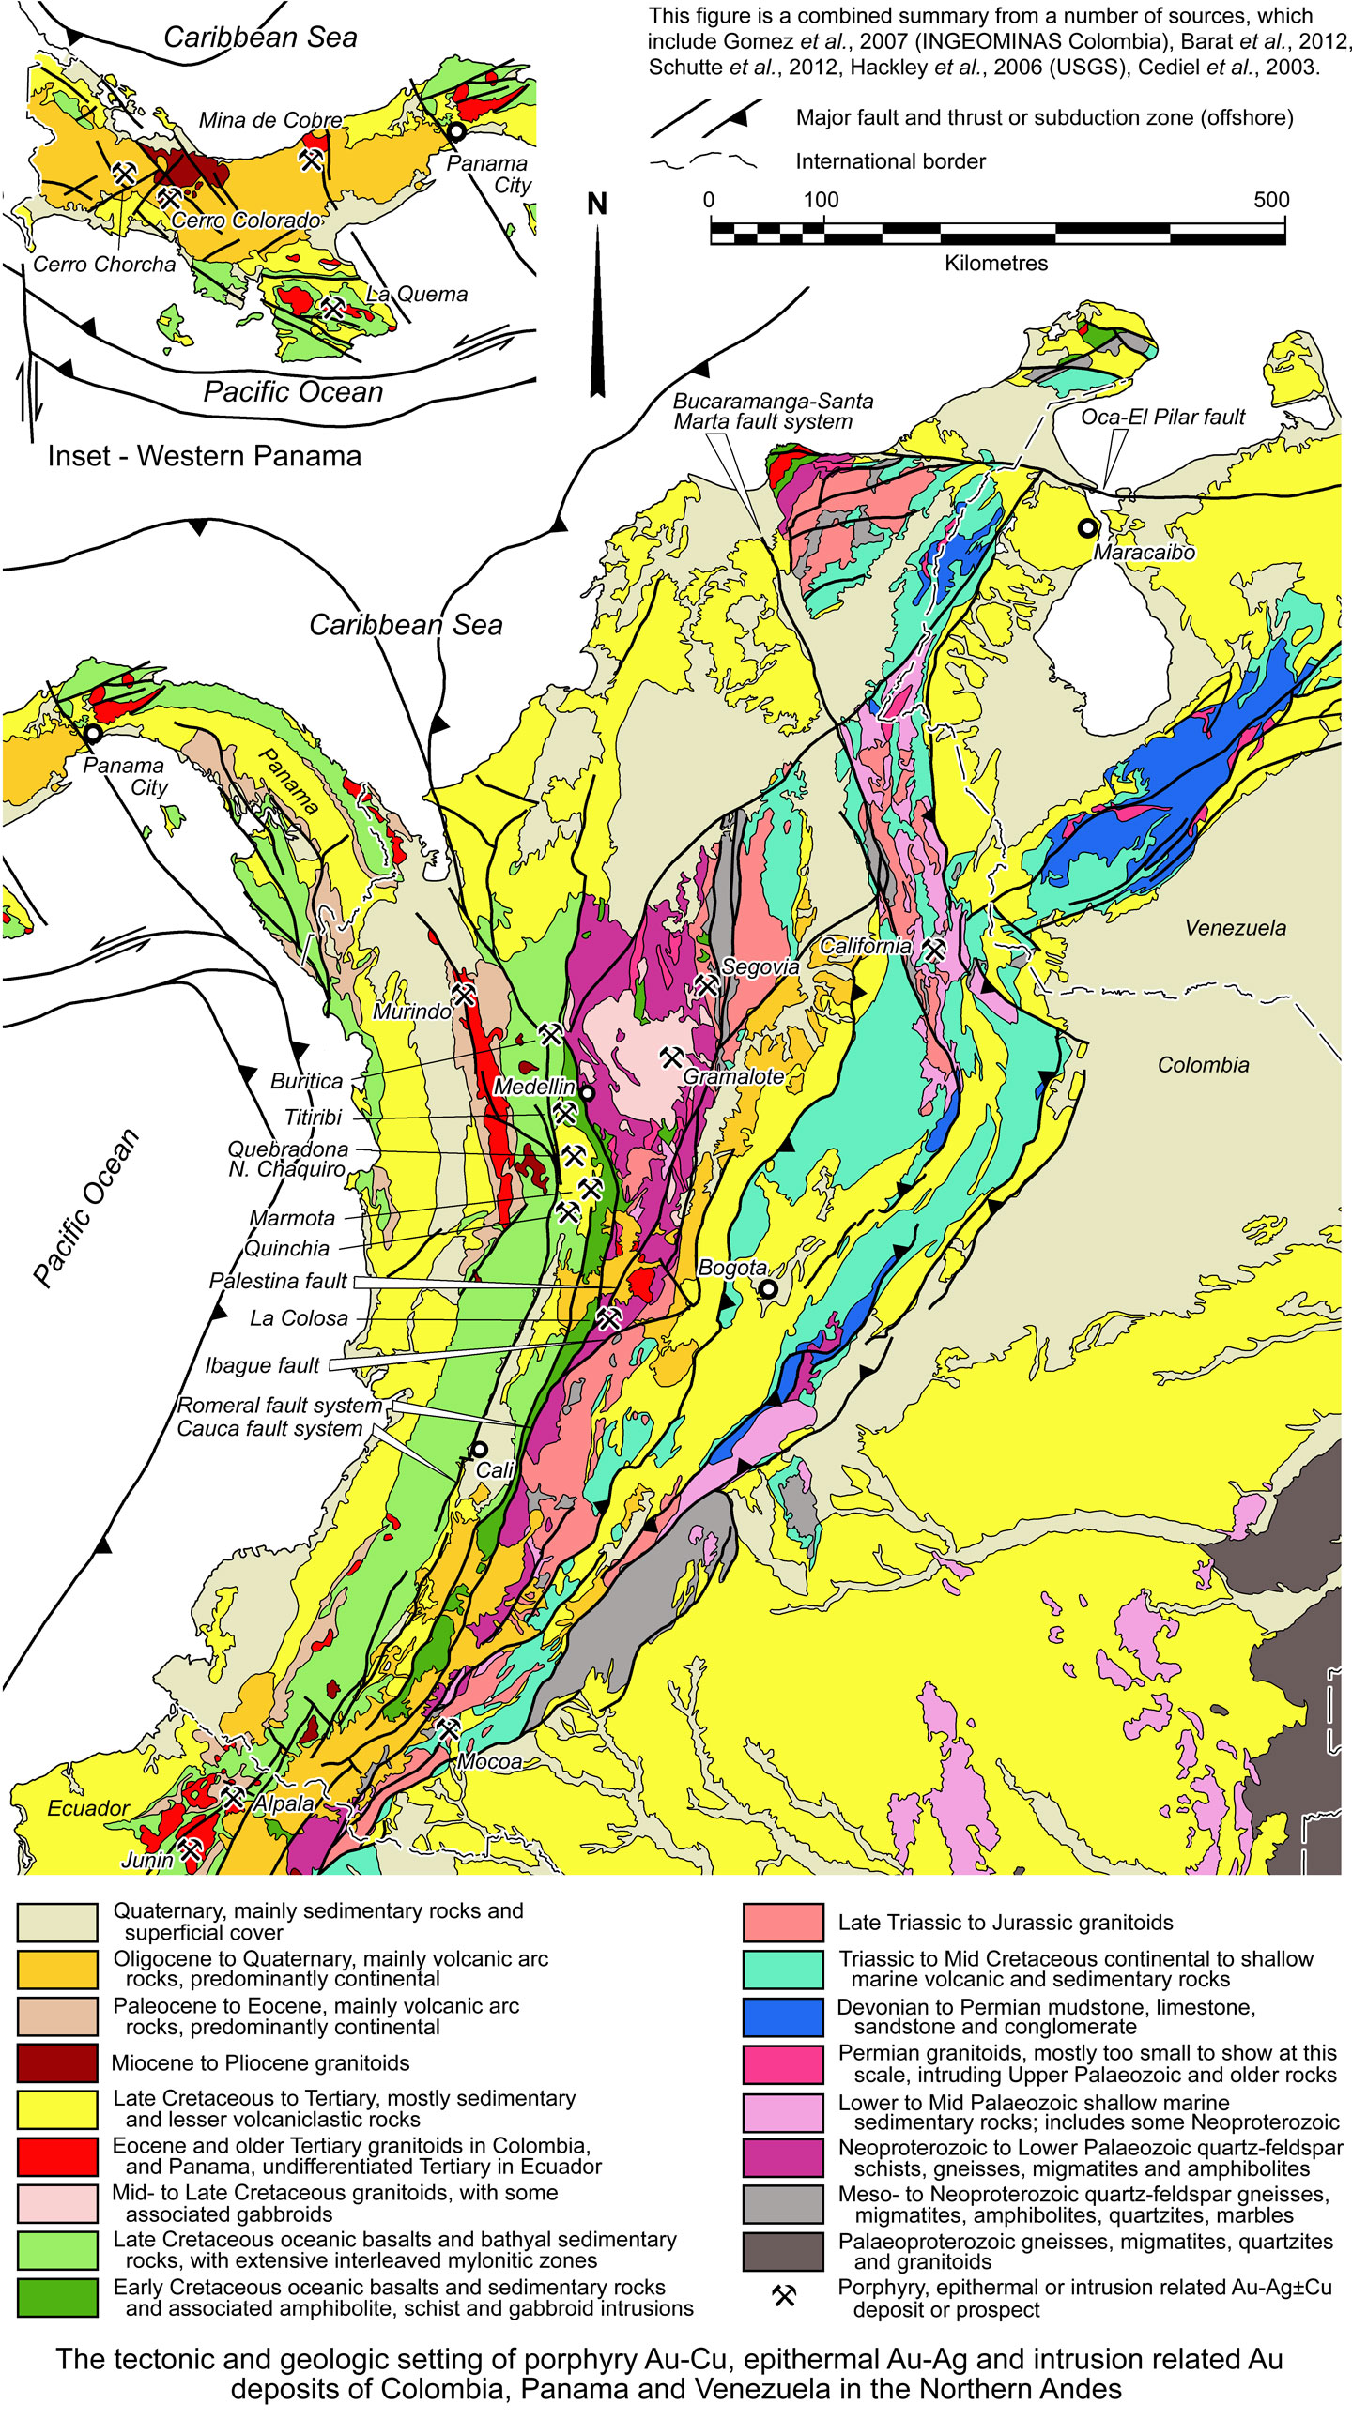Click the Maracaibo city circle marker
pyautogui.click(x=1087, y=527)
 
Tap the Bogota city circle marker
pyautogui.click(x=768, y=1289)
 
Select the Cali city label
pyautogui.click(x=494, y=1469)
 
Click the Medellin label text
pyautogui.click(x=533, y=1087)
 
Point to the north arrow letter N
pyautogui.click(x=596, y=204)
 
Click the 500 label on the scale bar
pyautogui.click(x=1270, y=199)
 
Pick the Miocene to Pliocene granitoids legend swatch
pyautogui.click(x=57, y=2063)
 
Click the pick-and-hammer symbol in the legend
pyautogui.click(x=784, y=2296)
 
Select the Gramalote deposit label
pyautogui.click(x=733, y=1076)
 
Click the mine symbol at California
pyautogui.click(x=932, y=949)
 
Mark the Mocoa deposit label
pyautogui.click(x=488, y=1761)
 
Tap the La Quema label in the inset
pyautogui.click(x=416, y=294)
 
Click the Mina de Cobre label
pyautogui.click(x=269, y=120)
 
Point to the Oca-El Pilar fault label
pyautogui.click(x=1162, y=417)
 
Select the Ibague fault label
pyautogui.click(x=262, y=1365)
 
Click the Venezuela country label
pyautogui.click(x=1235, y=928)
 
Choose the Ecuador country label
pyautogui.click(x=88, y=1808)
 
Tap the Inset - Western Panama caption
pyautogui.click(x=204, y=456)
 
